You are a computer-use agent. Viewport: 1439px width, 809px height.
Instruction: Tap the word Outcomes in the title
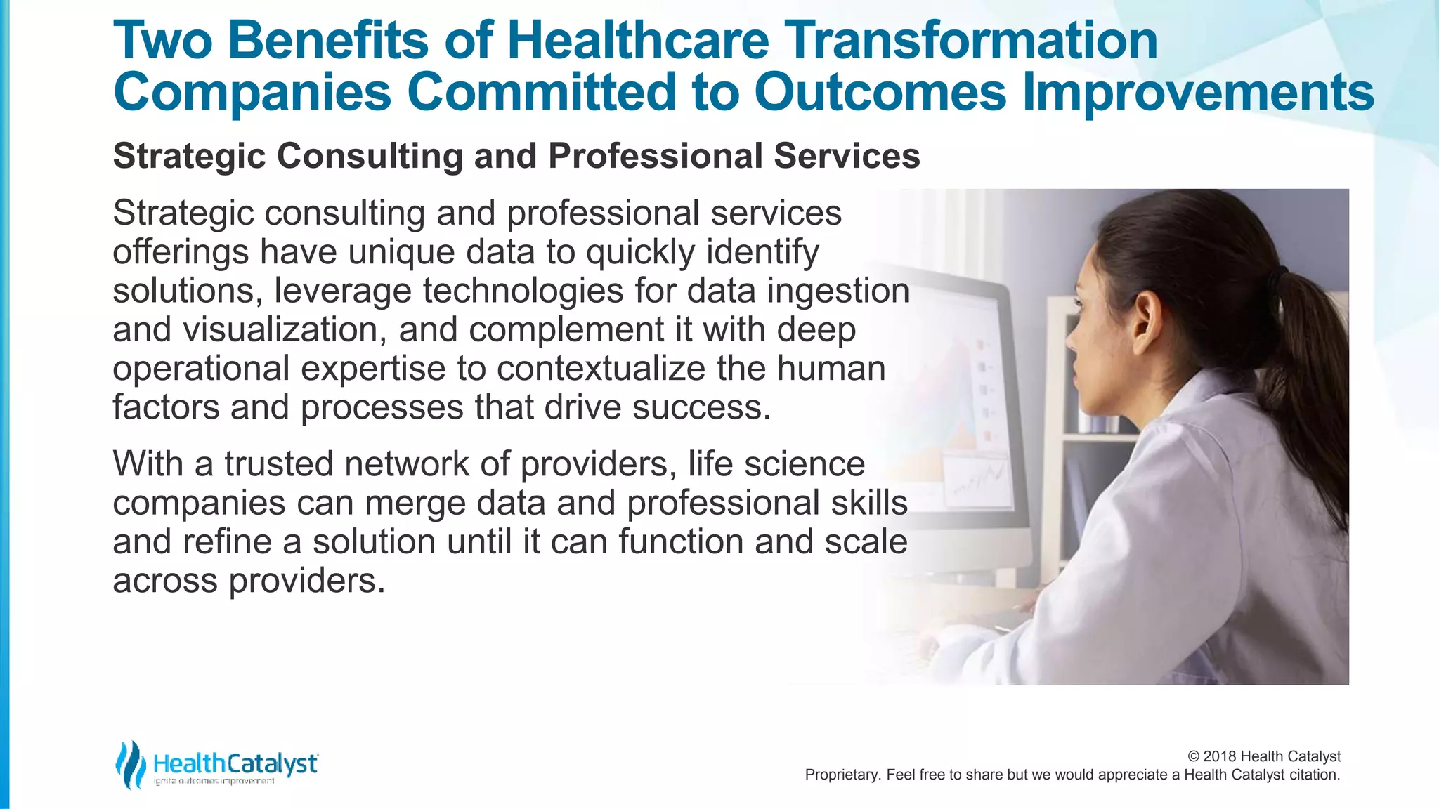(881, 93)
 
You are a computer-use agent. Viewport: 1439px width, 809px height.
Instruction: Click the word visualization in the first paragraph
(285, 329)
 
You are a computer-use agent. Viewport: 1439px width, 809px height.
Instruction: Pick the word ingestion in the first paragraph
(838, 291)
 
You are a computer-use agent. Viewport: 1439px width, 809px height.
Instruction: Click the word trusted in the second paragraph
(278, 464)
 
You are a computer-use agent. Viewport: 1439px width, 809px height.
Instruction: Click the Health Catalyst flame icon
(131, 764)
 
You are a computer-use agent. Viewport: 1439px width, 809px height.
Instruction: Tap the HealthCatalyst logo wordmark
(235, 763)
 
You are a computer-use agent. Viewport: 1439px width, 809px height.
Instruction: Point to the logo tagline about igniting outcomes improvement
(214, 781)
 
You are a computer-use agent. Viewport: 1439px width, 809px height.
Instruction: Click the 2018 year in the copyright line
(1220, 756)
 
